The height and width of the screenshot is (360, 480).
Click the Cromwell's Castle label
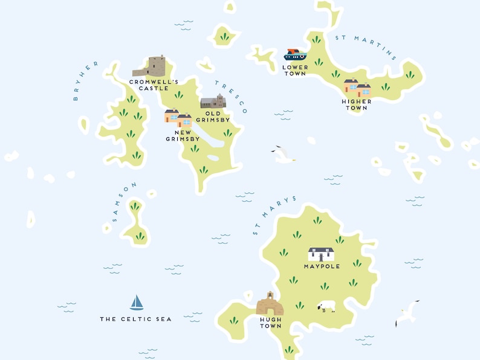click(154, 85)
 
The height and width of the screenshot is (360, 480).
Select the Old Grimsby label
click(213, 117)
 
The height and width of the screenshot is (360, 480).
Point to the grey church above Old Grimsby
click(213, 102)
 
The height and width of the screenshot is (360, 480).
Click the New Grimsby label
click(183, 136)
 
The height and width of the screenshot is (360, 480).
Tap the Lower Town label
click(295, 70)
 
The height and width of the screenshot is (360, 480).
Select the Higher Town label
click(357, 104)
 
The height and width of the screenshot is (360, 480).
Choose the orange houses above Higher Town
click(357, 88)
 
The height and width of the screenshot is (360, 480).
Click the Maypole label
click(322, 266)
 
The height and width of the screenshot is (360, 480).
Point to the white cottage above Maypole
click(321, 254)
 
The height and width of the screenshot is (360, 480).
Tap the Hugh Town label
click(270, 323)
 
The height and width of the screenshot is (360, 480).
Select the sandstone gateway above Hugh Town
click(270, 304)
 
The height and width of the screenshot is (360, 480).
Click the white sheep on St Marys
click(326, 307)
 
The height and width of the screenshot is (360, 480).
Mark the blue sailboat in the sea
click(137, 302)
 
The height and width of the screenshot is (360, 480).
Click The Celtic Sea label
click(135, 319)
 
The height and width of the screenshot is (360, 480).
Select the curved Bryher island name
click(85, 81)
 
